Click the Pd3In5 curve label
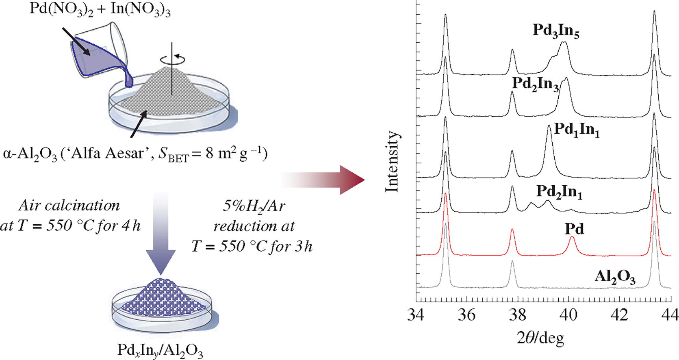tap(555, 31)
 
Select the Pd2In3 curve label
tap(535, 84)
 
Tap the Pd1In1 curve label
tap(577, 131)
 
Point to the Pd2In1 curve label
tap(559, 192)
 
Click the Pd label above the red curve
tap(575, 229)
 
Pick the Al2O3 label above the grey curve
tap(615, 277)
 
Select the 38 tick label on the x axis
tap(518, 314)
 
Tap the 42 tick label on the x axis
tap(620, 314)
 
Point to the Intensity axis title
tap(393, 162)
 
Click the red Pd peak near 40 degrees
tap(572, 238)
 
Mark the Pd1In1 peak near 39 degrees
tap(549, 127)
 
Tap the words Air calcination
tap(69, 206)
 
